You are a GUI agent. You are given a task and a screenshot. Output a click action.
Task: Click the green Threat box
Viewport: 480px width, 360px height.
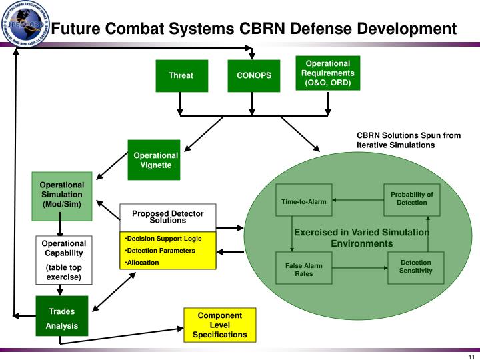181,75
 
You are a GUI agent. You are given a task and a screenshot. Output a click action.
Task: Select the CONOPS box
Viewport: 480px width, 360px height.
254,75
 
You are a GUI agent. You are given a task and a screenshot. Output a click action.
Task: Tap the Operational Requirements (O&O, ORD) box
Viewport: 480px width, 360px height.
327,73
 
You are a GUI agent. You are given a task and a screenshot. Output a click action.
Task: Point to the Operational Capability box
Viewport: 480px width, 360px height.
63,260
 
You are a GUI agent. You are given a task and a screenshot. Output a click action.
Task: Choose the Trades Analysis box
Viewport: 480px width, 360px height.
61,317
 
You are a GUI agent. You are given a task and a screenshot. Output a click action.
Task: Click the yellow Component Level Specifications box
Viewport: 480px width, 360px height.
219,325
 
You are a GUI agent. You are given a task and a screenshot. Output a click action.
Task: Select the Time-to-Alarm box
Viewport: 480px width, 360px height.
303,201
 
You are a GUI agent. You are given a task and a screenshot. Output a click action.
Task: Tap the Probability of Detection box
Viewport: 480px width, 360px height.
411,199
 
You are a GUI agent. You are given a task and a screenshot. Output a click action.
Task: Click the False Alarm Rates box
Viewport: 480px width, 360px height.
303,269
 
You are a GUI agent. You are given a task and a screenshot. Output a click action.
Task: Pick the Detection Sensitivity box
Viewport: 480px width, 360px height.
415,267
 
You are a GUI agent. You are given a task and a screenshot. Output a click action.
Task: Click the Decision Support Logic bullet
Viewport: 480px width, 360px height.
164,239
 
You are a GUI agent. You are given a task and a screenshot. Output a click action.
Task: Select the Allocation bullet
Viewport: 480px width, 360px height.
143,263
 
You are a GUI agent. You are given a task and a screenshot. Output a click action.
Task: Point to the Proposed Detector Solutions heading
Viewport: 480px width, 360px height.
167,217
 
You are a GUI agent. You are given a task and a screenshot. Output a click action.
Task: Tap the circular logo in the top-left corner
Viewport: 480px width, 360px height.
25,24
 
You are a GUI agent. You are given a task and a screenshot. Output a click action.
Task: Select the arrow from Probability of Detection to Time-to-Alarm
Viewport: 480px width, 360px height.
358,199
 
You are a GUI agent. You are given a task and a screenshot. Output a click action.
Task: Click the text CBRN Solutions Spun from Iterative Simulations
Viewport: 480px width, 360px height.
408,140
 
